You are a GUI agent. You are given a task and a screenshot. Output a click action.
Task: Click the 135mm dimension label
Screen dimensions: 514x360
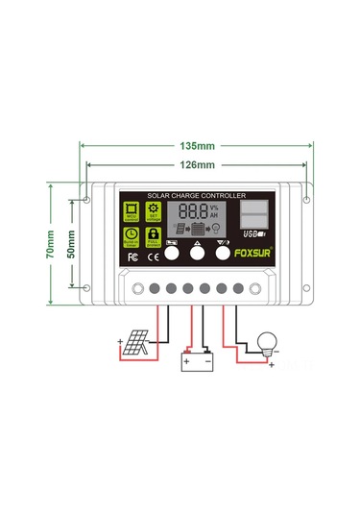click(197, 147)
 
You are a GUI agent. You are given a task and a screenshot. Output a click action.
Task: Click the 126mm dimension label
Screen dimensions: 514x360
click(197, 165)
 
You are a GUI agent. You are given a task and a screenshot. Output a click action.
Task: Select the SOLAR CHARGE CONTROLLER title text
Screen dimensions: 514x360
click(197, 195)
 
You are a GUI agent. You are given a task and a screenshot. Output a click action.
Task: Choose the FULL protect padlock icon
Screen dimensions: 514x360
click(152, 236)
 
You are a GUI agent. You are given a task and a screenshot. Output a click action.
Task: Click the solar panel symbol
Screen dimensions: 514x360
click(134, 344)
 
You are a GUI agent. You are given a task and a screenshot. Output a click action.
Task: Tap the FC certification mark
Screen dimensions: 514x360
click(132, 257)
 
